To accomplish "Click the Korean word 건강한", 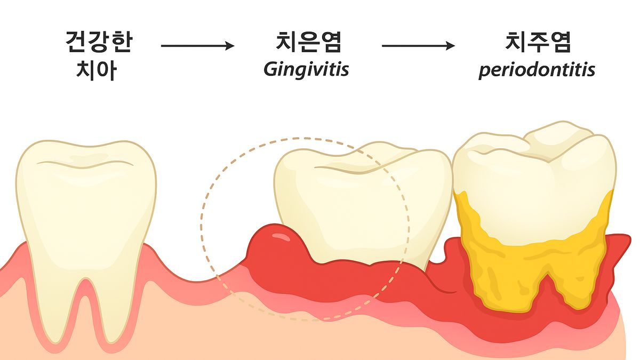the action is tap(99, 42).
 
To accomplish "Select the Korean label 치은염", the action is tap(309, 42).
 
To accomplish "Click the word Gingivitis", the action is tap(306, 69).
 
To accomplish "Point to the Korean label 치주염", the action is tap(538, 42).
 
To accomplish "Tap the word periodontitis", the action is tap(537, 70).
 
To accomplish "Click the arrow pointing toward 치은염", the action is tap(198, 45).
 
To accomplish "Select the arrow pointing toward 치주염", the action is tap(418, 45).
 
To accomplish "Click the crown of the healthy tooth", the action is tap(86, 200).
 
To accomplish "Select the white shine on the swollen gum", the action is tap(282, 237).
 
